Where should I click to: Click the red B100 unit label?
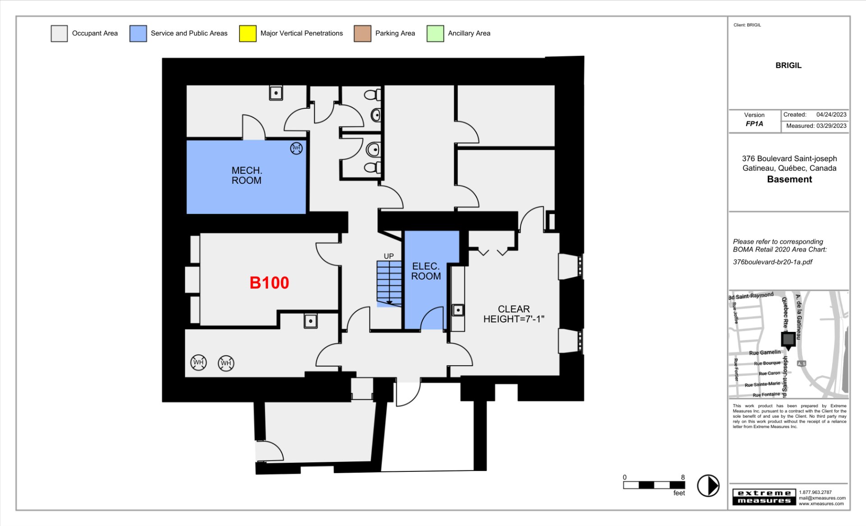(269, 283)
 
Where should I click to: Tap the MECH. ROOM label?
(247, 175)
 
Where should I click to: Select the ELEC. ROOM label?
(426, 271)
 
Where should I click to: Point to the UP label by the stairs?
(388, 256)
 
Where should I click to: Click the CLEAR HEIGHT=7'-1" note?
(514, 314)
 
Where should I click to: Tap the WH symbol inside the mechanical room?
(296, 148)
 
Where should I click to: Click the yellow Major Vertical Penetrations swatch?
(248, 33)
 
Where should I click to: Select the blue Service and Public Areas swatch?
(138, 33)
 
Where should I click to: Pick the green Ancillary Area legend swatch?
(435, 33)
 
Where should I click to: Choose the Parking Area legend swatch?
(363, 33)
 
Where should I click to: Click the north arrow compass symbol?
(708, 486)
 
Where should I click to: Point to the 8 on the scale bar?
(683, 477)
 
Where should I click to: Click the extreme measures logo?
(764, 497)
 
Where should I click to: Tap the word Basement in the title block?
(789, 179)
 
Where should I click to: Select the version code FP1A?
(754, 124)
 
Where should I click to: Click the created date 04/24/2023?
(831, 115)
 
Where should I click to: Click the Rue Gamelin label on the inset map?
(765, 353)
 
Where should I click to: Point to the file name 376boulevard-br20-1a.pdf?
(773, 262)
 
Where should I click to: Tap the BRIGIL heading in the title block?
(788, 65)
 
